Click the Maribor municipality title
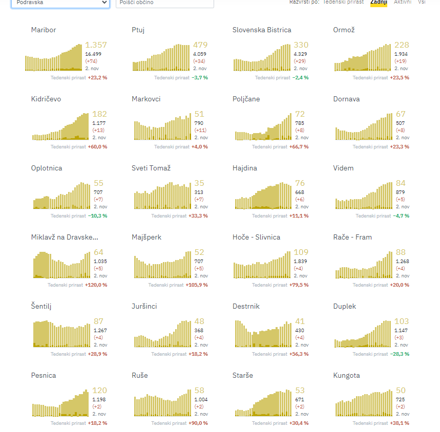click(44, 30)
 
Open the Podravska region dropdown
click(60, 3)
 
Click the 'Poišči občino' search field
click(164, 3)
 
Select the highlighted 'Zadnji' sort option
click(379, 3)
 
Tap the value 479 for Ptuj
click(200, 45)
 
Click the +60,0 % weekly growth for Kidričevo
click(97, 147)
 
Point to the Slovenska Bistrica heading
click(262, 30)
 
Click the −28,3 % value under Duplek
click(400, 354)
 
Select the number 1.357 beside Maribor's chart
click(96, 45)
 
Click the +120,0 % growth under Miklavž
click(96, 285)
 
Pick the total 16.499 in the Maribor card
click(93, 54)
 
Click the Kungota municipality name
click(346, 375)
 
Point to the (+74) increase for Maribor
click(91, 61)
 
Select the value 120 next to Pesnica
click(99, 391)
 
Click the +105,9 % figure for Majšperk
click(197, 285)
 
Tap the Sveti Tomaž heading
click(151, 168)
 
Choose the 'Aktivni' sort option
click(402, 3)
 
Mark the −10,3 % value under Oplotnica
click(97, 216)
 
